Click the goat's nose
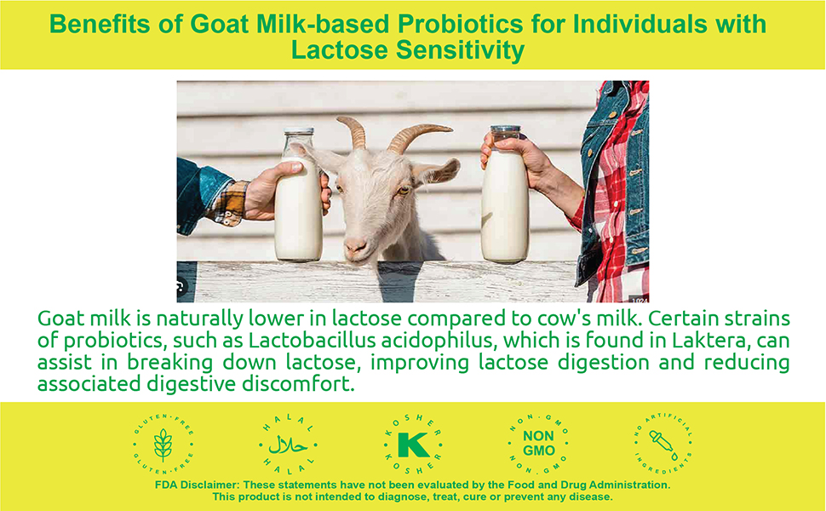coord(355,245)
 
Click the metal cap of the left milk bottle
coord(299,131)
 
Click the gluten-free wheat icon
coord(163,445)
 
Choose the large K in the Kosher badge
coord(412,445)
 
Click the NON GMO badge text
coord(538,444)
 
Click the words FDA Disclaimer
coord(197,485)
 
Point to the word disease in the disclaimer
coord(593,497)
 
